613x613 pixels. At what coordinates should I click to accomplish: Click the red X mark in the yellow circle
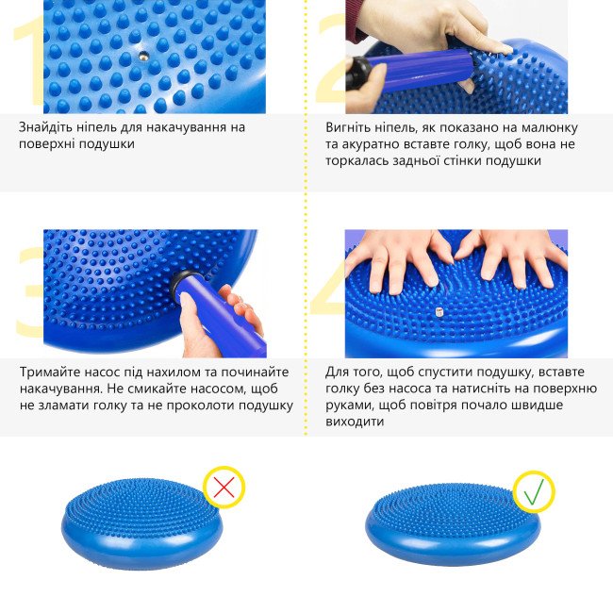tap(224, 488)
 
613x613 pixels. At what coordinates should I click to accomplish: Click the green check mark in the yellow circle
tap(534, 491)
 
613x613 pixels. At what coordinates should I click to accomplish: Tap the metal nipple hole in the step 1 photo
tap(143, 55)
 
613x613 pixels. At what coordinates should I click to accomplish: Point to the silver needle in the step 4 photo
tap(439, 312)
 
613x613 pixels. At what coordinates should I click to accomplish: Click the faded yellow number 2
tap(331, 58)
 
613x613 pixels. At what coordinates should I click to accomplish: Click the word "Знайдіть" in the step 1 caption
tap(43, 127)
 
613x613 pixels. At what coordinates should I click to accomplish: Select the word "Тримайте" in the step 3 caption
tap(46, 372)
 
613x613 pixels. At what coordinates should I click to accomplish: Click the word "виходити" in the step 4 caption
tap(355, 422)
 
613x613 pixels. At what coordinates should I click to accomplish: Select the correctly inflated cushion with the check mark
tap(453, 524)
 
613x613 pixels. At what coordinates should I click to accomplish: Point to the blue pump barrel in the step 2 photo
tap(420, 71)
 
